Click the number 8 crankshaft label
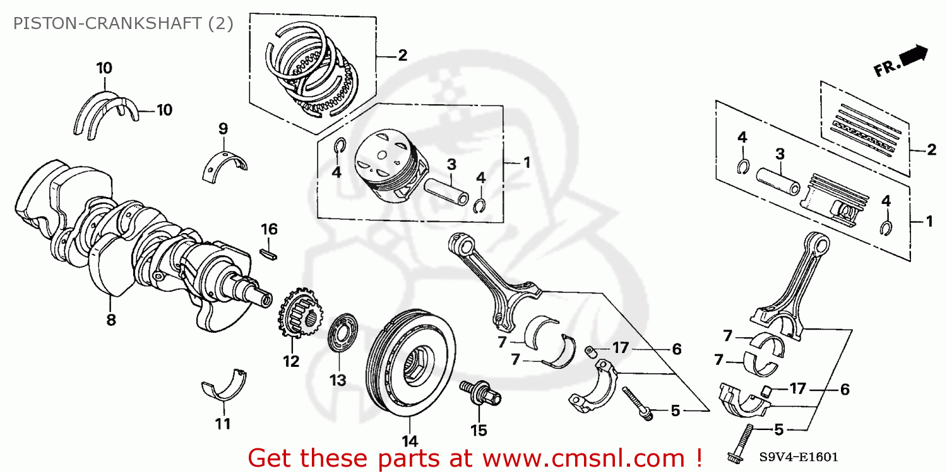(x=111, y=320)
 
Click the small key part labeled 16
(x=270, y=254)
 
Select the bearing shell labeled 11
(x=223, y=386)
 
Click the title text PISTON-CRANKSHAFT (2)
(x=124, y=24)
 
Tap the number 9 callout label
(x=223, y=129)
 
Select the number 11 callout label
(x=222, y=424)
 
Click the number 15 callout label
(x=479, y=430)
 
